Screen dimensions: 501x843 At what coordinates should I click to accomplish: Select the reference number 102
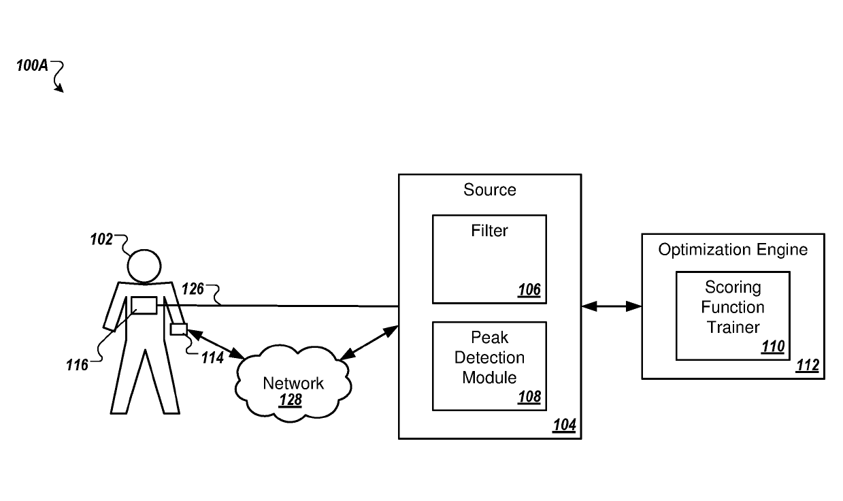point(102,240)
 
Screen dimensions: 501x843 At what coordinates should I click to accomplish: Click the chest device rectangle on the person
point(144,306)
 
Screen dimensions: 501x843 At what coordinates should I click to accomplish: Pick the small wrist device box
point(178,329)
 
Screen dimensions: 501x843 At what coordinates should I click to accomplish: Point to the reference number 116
point(78,366)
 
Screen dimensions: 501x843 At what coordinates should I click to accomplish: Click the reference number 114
point(212,357)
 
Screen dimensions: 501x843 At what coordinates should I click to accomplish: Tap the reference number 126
point(193,289)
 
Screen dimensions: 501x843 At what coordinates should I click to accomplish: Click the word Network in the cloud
point(293,383)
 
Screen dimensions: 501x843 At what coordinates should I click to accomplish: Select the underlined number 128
point(291,400)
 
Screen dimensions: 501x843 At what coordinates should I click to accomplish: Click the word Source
point(490,190)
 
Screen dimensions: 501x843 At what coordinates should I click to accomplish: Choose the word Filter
point(489,231)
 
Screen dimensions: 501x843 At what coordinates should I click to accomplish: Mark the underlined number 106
point(529,290)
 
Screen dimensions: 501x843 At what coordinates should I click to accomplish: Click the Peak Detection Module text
point(489,357)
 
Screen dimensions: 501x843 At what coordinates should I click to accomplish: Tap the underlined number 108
point(529,397)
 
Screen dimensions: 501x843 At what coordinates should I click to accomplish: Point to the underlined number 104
point(564,425)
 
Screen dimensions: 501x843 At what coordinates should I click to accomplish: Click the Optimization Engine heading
point(733,250)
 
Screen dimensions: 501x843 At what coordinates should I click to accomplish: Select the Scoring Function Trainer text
point(733,307)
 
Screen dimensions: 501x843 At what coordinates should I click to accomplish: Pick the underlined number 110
point(772,346)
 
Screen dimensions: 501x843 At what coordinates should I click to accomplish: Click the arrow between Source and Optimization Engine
point(612,306)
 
